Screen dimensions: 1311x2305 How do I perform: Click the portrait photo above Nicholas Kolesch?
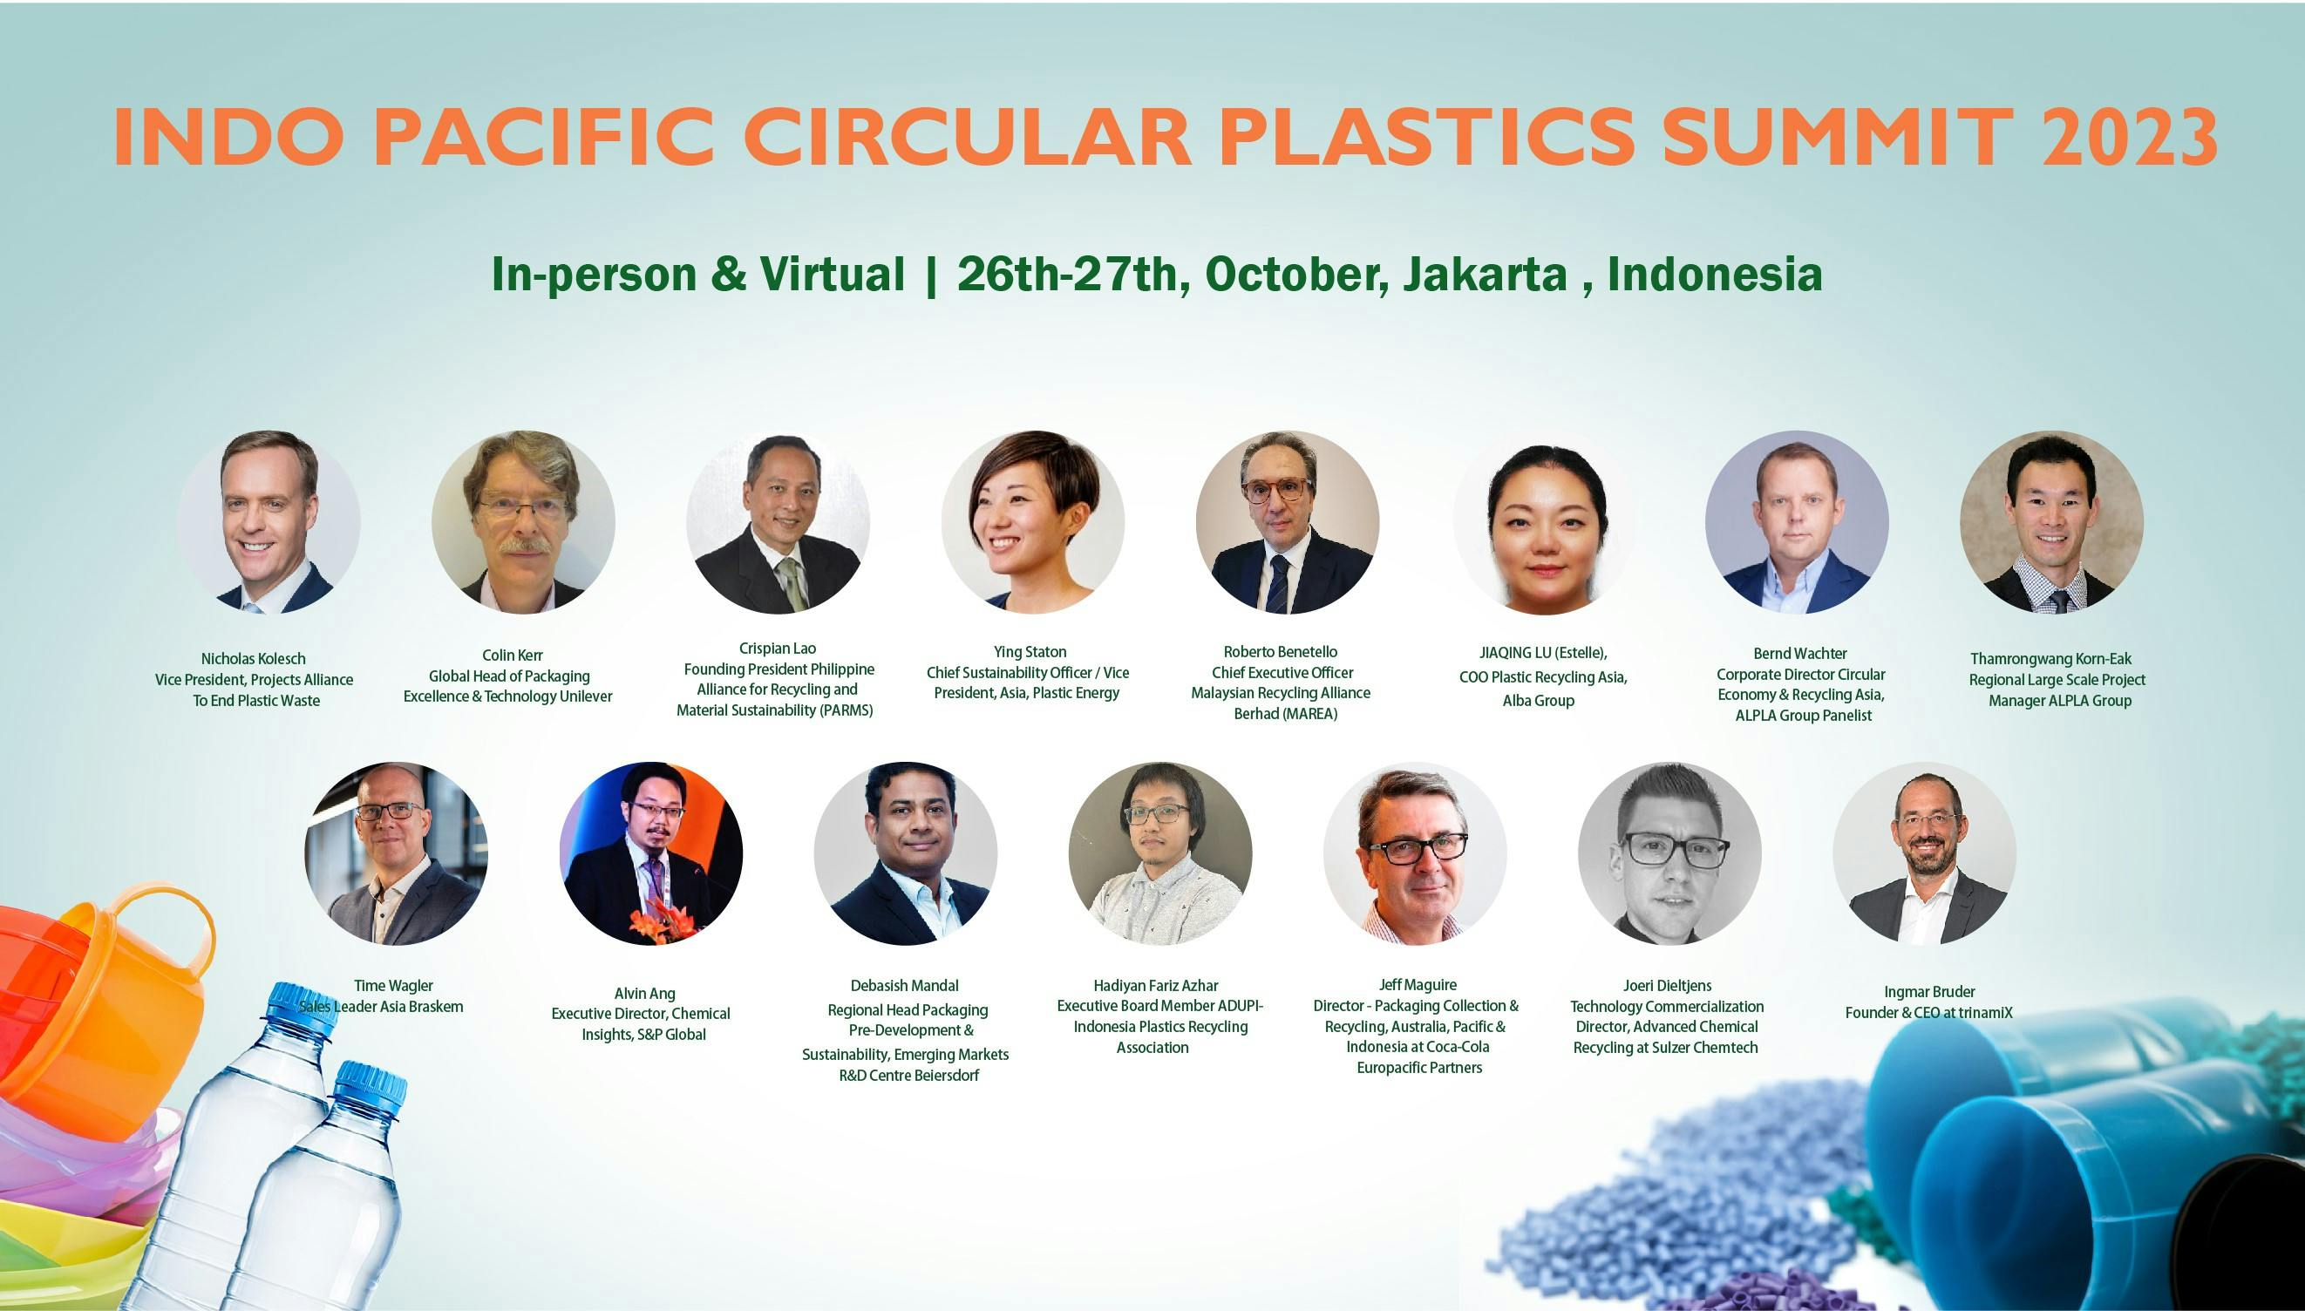click(269, 522)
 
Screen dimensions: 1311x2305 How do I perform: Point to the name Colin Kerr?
click(513, 655)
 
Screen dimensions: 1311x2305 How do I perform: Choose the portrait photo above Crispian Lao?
click(778, 522)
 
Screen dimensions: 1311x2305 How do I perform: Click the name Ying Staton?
click(1030, 652)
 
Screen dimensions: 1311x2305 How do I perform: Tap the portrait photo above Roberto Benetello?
click(1288, 522)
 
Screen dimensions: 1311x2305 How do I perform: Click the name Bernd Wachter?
click(1800, 654)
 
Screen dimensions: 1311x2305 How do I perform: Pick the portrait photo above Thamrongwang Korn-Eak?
click(2051, 522)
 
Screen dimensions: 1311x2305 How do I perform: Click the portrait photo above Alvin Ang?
click(651, 853)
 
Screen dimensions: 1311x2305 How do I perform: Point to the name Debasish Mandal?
click(904, 986)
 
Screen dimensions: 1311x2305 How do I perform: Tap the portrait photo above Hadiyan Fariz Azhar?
click(1159, 853)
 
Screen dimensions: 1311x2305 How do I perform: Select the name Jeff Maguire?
click(1418, 985)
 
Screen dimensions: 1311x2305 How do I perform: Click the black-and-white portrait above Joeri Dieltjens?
click(1669, 853)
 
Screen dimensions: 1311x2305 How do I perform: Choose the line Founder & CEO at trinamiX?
click(1928, 1013)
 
